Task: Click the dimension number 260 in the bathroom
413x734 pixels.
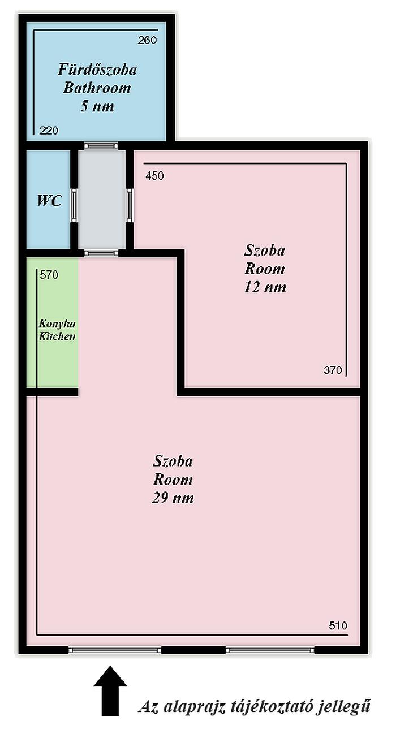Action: (x=147, y=40)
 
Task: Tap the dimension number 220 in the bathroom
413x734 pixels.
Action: (x=49, y=131)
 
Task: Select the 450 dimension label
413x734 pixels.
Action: (x=154, y=176)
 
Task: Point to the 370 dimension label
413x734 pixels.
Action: (x=333, y=370)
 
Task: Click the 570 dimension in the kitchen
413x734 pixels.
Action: (x=49, y=275)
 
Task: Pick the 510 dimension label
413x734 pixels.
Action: (x=338, y=625)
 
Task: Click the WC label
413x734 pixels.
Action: (x=49, y=201)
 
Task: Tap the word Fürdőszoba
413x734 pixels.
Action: (x=97, y=70)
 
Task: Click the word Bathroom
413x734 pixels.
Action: (x=97, y=88)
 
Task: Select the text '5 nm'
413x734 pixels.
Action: (x=97, y=106)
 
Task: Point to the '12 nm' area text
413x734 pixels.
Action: (x=265, y=287)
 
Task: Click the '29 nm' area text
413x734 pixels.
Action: (x=173, y=498)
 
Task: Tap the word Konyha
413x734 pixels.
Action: (x=57, y=324)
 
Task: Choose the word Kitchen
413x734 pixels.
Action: (x=57, y=336)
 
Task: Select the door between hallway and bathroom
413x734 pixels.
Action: (x=101, y=146)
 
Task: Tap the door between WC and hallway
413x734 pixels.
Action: (x=74, y=205)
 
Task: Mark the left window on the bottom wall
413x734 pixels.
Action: (x=115, y=650)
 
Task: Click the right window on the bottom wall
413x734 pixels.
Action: (x=270, y=650)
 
